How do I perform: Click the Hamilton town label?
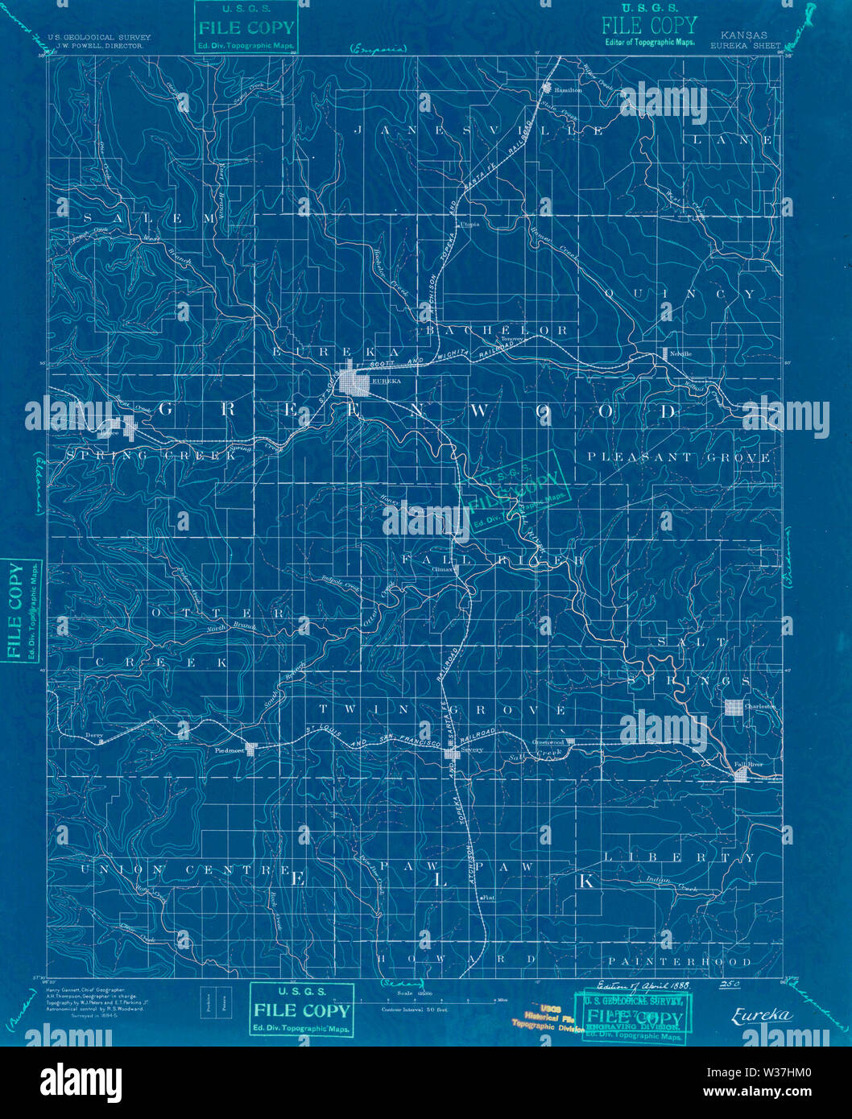(569, 90)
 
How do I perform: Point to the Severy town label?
(473, 749)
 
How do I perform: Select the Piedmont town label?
(230, 749)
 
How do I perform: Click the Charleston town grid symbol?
(733, 707)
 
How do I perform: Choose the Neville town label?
(681, 353)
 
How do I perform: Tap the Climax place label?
(445, 568)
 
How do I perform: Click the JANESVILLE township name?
(478, 130)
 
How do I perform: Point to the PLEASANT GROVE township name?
(678, 457)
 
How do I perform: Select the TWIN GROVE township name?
(442, 710)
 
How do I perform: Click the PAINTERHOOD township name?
(680, 961)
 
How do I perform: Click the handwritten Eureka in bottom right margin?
(761, 1015)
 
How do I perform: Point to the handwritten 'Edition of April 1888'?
(643, 985)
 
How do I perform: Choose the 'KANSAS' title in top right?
(744, 36)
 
